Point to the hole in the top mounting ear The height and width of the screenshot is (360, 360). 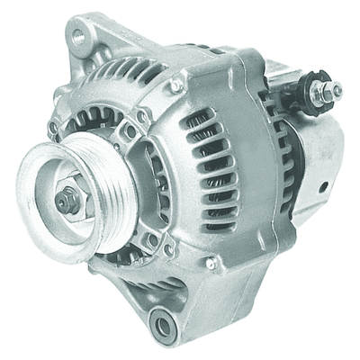pyautogui.click(x=78, y=36)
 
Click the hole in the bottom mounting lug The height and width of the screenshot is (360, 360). pyautogui.click(x=164, y=325)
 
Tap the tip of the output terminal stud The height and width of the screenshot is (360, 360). pyautogui.click(x=337, y=88)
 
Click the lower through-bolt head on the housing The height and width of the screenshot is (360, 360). pyautogui.click(x=212, y=265)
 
